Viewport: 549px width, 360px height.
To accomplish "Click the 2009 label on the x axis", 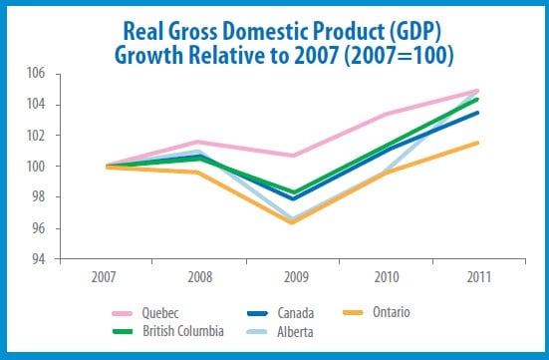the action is tap(296, 277).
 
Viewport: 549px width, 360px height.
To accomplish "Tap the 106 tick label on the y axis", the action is tap(36, 73).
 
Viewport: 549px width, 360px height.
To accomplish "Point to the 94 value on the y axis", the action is tap(39, 259).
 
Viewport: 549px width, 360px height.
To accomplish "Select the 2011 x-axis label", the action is tap(479, 277).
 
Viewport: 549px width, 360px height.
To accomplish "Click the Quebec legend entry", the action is tap(160, 313).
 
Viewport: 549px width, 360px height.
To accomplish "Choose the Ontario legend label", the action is tap(392, 312).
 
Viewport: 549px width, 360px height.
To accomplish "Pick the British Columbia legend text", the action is tap(183, 331).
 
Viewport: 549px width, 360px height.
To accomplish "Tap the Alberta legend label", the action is tap(295, 332).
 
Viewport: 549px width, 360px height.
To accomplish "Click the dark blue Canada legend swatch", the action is tap(258, 313).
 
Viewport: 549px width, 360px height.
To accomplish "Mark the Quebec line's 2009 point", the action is tap(293, 156).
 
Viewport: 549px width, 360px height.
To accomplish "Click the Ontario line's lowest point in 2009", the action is tap(293, 221).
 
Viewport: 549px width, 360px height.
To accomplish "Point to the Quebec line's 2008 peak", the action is tap(198, 142).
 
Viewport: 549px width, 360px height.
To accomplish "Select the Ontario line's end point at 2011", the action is tap(476, 143).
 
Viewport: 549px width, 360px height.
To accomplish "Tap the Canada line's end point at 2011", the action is tap(476, 113).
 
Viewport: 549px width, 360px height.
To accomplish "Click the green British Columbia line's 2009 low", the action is tap(293, 192).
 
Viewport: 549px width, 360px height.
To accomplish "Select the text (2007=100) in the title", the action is tap(399, 56).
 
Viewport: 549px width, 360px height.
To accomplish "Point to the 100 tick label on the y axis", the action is tap(36, 167).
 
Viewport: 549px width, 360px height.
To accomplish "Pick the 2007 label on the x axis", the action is tap(104, 277).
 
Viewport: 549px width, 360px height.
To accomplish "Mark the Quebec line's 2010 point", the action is tap(387, 114).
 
